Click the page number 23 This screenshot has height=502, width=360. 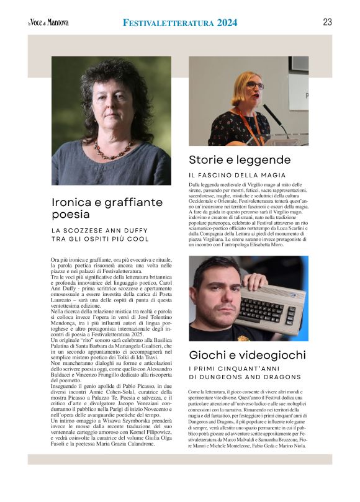click(327, 22)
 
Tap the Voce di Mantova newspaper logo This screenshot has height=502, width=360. click(48, 23)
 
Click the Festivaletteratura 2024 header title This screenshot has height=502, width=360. click(180, 23)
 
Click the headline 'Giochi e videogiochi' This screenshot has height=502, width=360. click(248, 355)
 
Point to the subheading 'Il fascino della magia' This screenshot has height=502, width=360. click(238, 175)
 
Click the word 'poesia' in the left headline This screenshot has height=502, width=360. click(71, 214)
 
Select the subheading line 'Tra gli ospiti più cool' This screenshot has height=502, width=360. click(100, 239)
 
